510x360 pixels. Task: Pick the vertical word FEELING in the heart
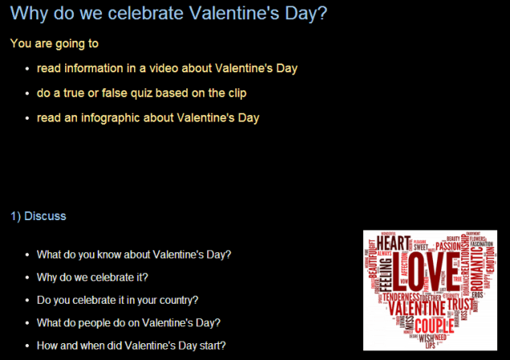point(386,274)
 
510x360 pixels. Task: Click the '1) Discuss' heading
point(39,216)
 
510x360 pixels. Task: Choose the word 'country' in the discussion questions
point(179,300)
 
